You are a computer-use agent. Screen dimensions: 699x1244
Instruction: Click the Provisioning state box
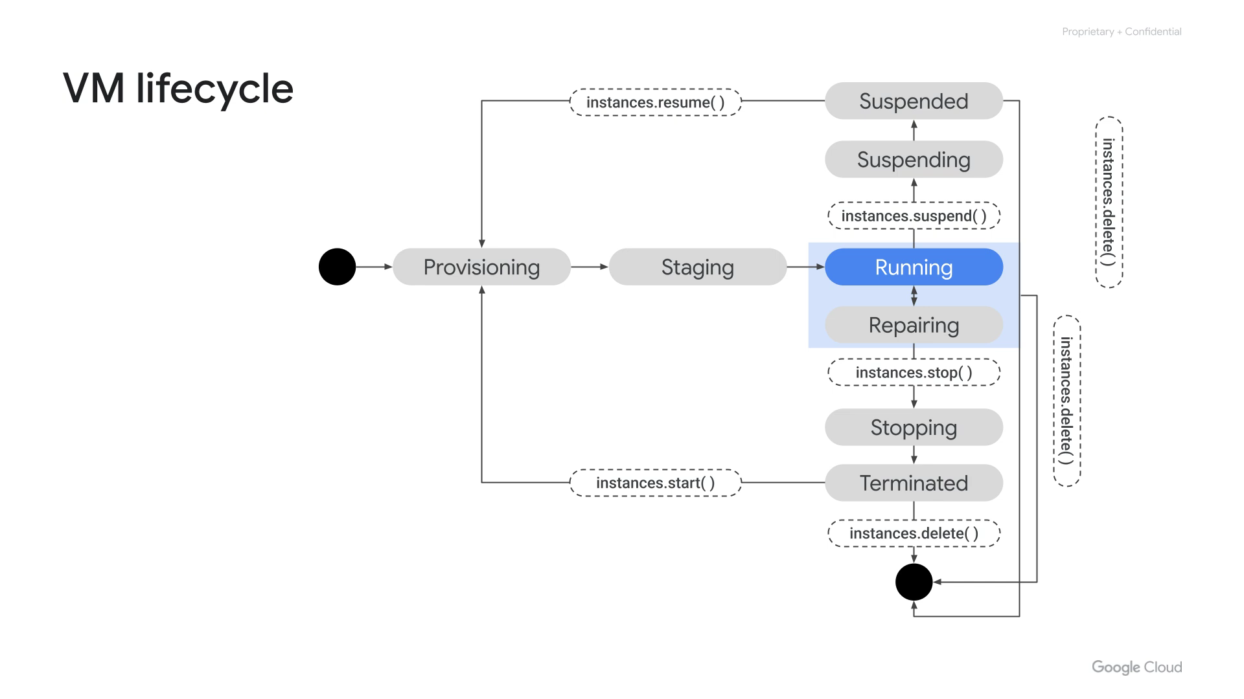pos(481,267)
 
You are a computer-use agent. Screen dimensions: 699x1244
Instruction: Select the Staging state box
pos(697,267)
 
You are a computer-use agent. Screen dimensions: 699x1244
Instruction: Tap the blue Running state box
pos(914,267)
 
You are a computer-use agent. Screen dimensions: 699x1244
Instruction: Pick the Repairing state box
pos(914,325)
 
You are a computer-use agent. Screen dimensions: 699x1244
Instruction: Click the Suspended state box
pos(914,101)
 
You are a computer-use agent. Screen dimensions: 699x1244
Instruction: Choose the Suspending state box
pos(914,159)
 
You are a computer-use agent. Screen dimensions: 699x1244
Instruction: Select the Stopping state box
pos(914,427)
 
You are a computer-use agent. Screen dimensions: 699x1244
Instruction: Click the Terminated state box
pos(914,483)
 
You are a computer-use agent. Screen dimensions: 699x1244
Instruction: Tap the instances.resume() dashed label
pos(655,102)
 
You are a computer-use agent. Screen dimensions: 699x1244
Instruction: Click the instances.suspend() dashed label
pos(914,216)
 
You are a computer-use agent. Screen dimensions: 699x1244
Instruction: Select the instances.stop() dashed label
pos(914,372)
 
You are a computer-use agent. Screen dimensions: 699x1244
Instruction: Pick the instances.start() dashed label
pos(655,483)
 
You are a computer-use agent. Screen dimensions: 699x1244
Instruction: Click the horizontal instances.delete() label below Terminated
pos(914,533)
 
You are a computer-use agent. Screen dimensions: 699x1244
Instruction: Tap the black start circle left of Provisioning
pos(337,267)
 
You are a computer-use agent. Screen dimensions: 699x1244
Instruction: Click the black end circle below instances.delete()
pos(914,582)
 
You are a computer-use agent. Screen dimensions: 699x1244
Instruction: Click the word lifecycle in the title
pos(214,89)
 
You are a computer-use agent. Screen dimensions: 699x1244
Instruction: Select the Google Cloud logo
pos(1136,667)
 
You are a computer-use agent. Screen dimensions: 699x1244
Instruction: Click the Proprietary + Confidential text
pos(1122,32)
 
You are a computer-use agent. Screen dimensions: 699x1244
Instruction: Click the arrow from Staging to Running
pos(805,267)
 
